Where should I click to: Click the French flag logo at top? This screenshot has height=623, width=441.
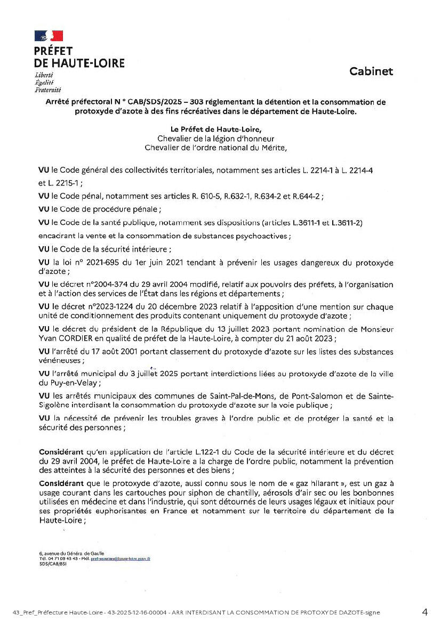(x=49, y=36)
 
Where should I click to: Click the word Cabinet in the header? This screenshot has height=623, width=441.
(x=371, y=71)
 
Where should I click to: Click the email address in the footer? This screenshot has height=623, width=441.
(x=121, y=559)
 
